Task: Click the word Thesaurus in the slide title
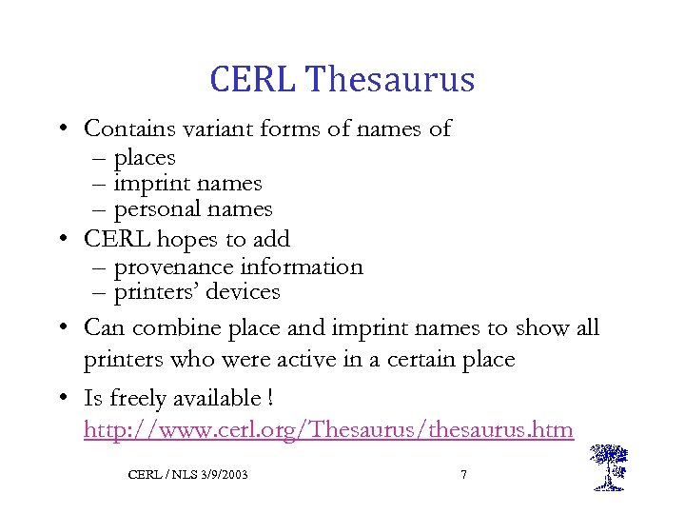click(x=390, y=79)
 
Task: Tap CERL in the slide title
click(x=253, y=79)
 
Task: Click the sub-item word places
click(x=145, y=157)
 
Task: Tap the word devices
click(x=245, y=292)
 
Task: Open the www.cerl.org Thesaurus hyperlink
click(x=328, y=430)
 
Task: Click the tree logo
click(x=608, y=466)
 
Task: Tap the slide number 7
click(x=463, y=473)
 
